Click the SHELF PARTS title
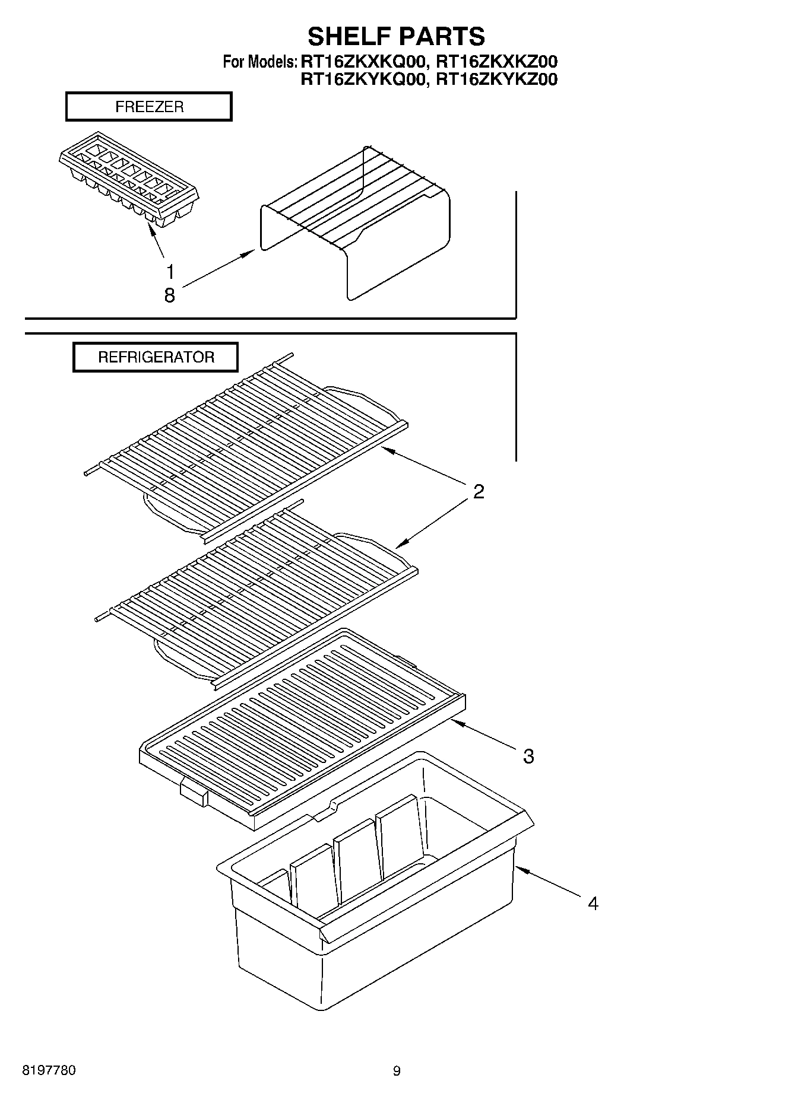point(396,36)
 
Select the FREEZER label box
point(148,107)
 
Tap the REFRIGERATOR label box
point(156,357)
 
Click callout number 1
point(170,272)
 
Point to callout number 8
point(170,295)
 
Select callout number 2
point(479,491)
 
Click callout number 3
point(528,756)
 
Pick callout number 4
point(593,904)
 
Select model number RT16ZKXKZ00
point(497,61)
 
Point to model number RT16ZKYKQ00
point(363,79)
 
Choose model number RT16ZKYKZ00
point(497,79)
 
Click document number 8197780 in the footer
point(49,1071)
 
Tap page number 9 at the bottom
point(397,1071)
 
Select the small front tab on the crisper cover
point(193,792)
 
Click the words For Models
point(259,62)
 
